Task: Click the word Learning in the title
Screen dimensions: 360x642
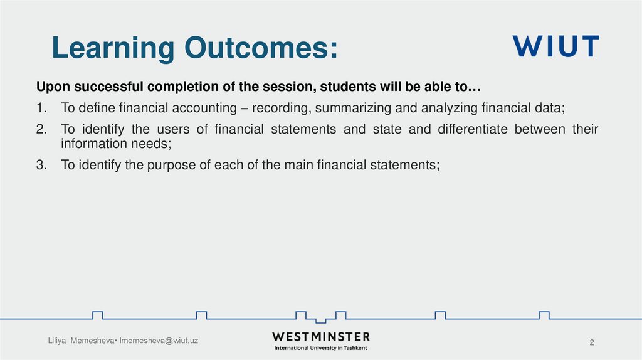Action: pos(113,49)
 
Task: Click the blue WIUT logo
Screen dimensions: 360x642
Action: pos(555,46)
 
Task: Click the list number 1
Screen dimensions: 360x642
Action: pos(41,108)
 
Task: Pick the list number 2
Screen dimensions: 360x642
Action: pos(41,129)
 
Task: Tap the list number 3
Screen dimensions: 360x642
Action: pos(41,166)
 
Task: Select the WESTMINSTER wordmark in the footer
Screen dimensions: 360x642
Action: pos(321,336)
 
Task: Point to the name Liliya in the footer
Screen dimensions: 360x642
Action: pos(60,341)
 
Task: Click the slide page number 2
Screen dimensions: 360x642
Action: pos(591,342)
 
